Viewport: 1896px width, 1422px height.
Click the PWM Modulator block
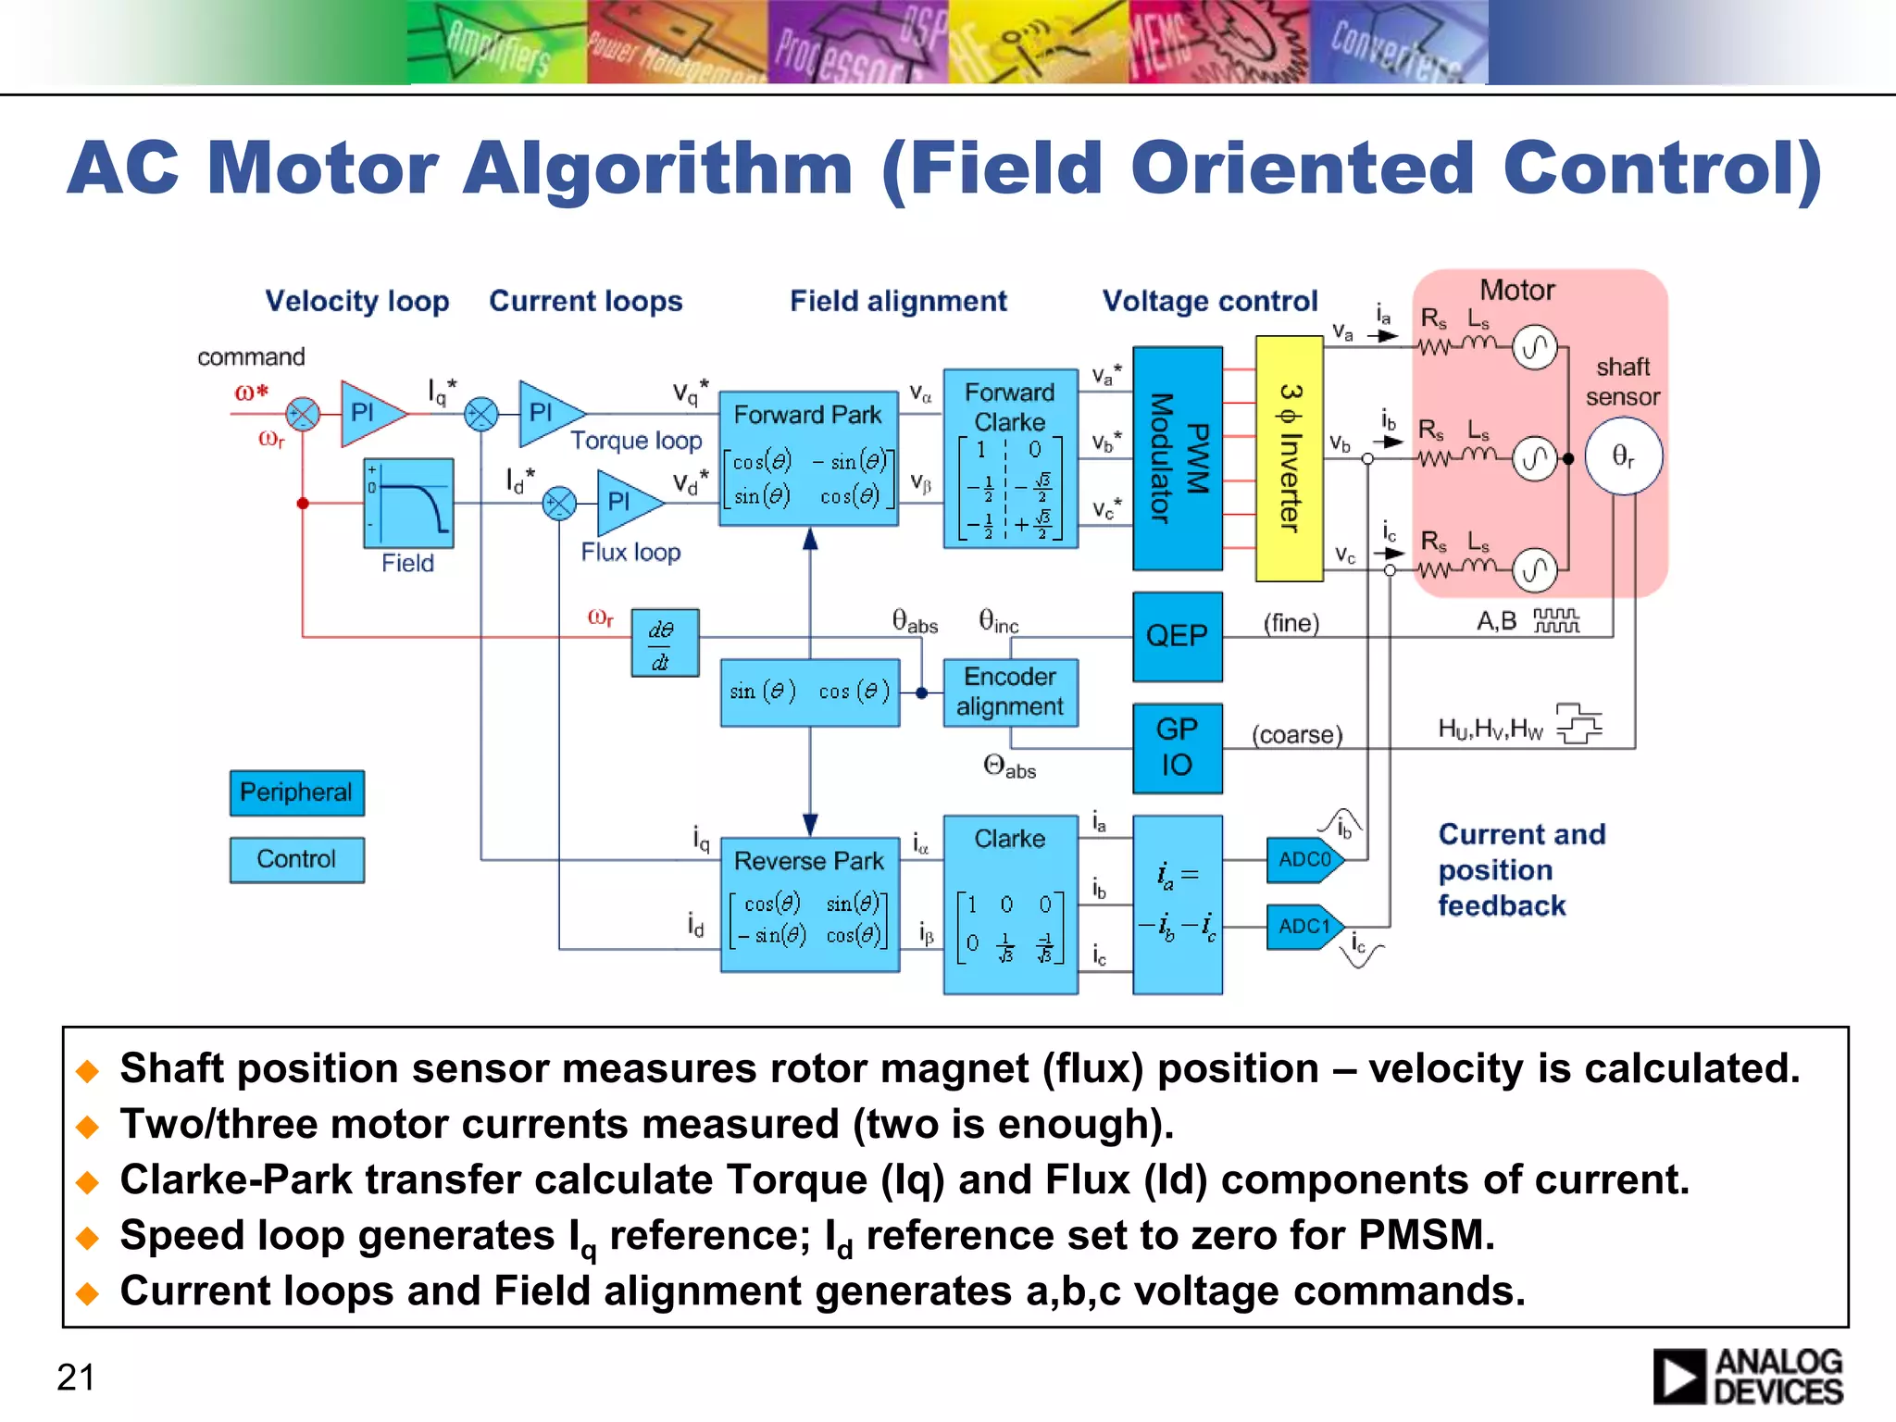[1178, 458]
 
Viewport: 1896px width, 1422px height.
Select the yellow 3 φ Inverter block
[1289, 458]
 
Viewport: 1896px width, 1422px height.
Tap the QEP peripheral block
[1178, 636]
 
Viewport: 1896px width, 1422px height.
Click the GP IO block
[1178, 748]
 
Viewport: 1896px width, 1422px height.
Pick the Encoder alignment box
[1010, 692]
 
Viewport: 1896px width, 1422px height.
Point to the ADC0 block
[1304, 860]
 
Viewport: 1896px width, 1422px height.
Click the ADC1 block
[1304, 927]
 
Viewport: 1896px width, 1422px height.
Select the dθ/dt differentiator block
[665, 643]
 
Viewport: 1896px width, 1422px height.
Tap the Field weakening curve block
[408, 504]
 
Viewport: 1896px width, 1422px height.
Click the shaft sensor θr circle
[1624, 455]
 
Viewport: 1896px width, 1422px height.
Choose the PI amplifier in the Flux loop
[624, 503]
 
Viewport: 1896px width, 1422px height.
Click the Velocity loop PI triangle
[367, 413]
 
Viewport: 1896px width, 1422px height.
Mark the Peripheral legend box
[296, 792]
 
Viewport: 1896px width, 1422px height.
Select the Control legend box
[296, 859]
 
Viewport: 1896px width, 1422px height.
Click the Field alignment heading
[898, 301]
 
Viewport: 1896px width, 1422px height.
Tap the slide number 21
[76, 1378]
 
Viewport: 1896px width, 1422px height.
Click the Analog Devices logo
[1748, 1377]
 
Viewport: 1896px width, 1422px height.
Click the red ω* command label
[252, 392]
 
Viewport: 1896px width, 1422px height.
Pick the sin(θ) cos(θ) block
[809, 692]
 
